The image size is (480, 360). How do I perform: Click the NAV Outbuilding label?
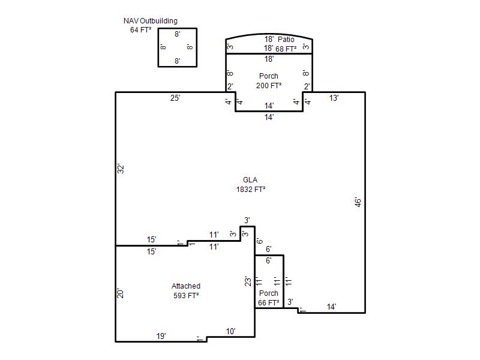[151, 21]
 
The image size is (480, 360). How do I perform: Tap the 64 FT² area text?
[141, 29]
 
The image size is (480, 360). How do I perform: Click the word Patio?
[286, 39]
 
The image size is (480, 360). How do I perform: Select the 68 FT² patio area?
[286, 49]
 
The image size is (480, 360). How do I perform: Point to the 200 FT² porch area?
[269, 85]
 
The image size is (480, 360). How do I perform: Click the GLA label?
[250, 179]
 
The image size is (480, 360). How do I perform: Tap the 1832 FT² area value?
[250, 189]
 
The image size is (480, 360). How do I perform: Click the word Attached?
[186, 286]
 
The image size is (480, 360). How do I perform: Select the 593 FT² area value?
[186, 295]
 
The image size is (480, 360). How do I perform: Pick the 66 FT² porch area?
[268, 302]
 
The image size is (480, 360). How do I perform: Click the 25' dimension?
[175, 98]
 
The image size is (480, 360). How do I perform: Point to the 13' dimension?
[334, 98]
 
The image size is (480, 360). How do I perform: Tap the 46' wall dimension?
[358, 202]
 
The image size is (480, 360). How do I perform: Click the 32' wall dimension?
[121, 169]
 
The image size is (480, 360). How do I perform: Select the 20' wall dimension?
[121, 293]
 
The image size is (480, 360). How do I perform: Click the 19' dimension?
[161, 336]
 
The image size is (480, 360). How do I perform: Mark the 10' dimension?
[230, 331]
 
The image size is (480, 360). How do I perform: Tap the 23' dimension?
[248, 281]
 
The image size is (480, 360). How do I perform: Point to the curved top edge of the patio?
[269, 34]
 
